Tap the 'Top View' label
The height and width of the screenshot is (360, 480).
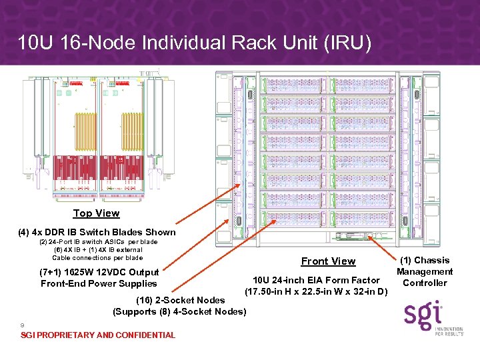point(97,213)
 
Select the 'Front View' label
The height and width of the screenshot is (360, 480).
point(328,261)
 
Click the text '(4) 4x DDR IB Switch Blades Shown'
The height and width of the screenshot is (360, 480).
point(97,233)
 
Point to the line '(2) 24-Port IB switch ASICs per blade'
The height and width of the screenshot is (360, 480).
point(99,242)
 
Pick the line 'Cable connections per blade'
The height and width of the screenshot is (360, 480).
point(97,257)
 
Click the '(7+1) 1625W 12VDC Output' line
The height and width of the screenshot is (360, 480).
point(99,272)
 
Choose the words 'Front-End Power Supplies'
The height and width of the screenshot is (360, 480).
point(99,283)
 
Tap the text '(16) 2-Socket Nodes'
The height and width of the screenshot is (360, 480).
point(180,300)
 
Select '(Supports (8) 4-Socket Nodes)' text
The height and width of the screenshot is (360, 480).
point(180,311)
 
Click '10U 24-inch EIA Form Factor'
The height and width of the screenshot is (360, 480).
point(317,280)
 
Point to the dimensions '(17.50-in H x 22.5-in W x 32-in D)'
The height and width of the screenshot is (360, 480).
point(317,291)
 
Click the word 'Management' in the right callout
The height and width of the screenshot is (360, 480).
point(425,271)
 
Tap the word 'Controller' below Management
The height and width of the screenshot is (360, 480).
point(425,283)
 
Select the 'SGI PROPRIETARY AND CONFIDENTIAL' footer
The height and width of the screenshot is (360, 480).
point(98,335)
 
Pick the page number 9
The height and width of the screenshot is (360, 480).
point(23,325)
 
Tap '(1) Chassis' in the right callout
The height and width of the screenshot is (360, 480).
point(425,260)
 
